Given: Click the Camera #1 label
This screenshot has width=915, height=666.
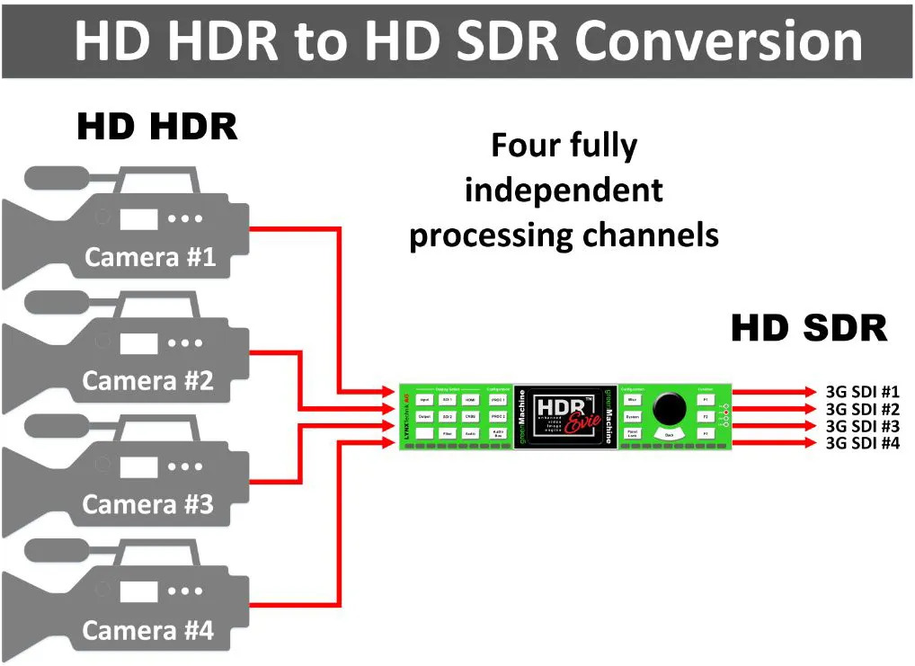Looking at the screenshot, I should pos(150,258).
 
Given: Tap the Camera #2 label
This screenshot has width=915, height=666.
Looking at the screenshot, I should pos(148,381).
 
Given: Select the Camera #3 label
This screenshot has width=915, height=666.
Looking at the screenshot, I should pos(148,505).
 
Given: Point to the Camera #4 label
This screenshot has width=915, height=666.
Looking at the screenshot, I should pos(148,631).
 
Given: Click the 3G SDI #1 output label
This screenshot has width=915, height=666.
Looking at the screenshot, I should pos(862,392).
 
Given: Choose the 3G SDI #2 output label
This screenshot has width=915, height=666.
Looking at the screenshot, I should pos(862,409).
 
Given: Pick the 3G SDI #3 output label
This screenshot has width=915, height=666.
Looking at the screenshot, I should pos(862,426).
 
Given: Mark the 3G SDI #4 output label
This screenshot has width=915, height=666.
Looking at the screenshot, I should pos(862,442).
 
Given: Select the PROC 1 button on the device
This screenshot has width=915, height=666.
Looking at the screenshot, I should pos(498,399).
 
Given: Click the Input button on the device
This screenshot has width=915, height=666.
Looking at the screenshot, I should pos(424,399).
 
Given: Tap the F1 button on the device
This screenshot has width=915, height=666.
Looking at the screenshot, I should pos(706,399).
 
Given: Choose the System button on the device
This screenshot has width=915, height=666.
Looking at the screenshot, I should pos(632,417).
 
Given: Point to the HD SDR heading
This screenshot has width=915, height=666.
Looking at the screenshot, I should pos(809,329).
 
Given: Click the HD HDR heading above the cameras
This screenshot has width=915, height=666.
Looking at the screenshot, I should pos(157,127).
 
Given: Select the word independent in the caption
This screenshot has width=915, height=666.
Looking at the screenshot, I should pos(564,191).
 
